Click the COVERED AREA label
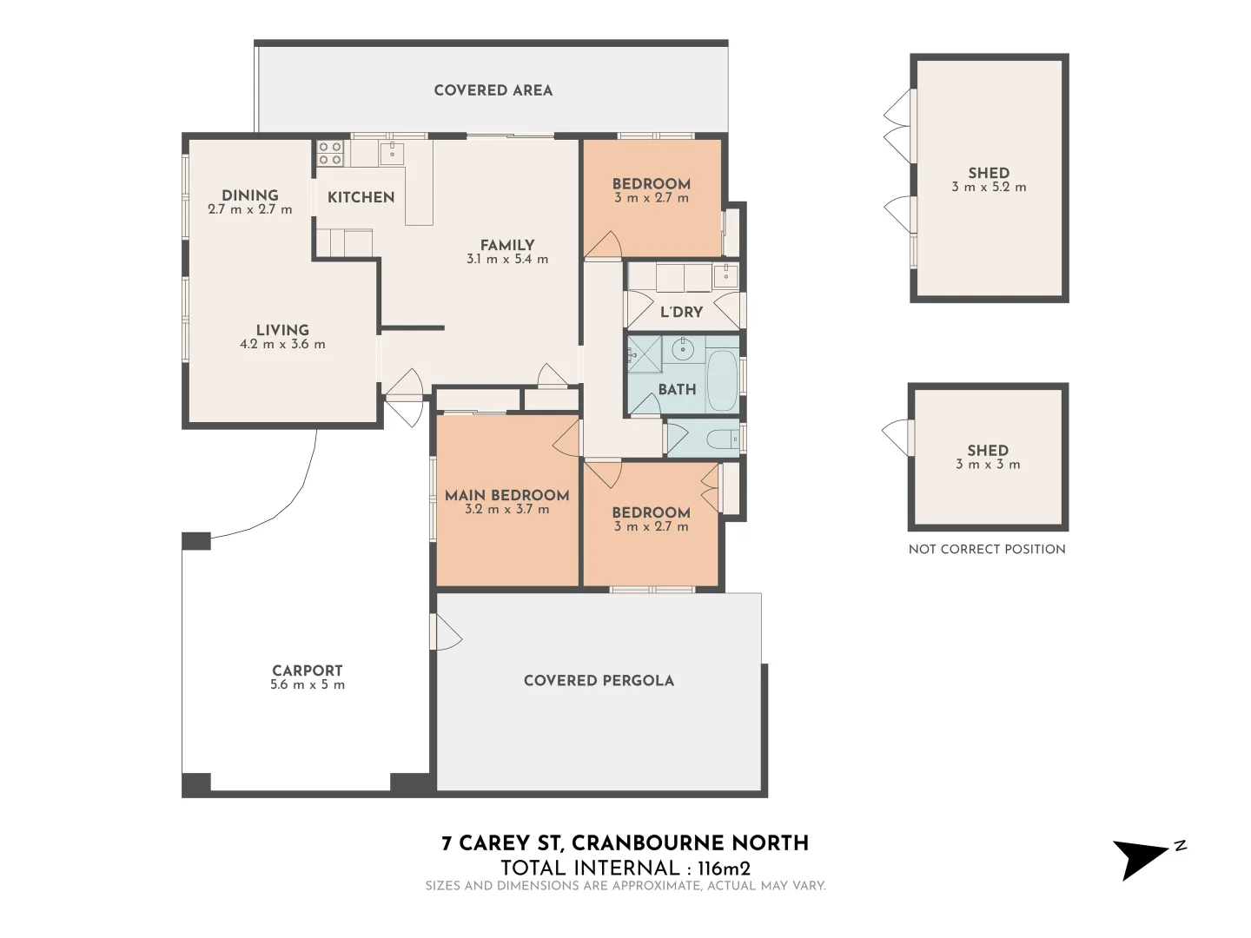[x=493, y=90]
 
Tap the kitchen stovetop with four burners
[x=330, y=154]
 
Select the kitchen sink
[x=391, y=154]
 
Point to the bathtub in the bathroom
[x=722, y=381]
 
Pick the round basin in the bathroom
[x=683, y=351]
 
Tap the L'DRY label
[x=681, y=312]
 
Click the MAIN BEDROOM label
[x=506, y=495]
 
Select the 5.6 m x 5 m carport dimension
[x=308, y=684]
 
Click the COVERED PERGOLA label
[x=599, y=680]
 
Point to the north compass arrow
[x=1142, y=857]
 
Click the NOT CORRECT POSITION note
[x=987, y=549]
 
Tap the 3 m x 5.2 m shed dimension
[x=989, y=187]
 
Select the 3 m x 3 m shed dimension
[x=988, y=464]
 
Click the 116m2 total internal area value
[x=724, y=868]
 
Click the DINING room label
[x=249, y=195]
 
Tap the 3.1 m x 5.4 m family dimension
[x=507, y=259]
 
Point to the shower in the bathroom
[x=645, y=353]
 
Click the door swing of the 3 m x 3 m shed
[x=894, y=437]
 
